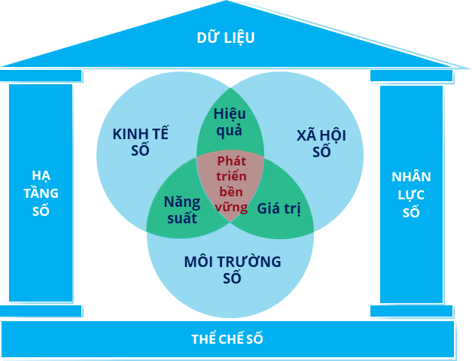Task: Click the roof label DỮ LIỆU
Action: click(x=226, y=37)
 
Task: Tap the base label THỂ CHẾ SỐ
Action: click(x=227, y=338)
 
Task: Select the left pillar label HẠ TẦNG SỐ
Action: click(x=45, y=193)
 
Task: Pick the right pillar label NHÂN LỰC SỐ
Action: click(x=411, y=195)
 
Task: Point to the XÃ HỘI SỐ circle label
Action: click(x=321, y=142)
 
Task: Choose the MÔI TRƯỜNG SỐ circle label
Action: click(x=233, y=270)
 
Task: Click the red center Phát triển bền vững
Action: click(x=230, y=184)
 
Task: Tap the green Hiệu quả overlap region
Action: click(x=230, y=123)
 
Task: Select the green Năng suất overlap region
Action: click(x=181, y=210)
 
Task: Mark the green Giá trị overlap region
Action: click(x=279, y=208)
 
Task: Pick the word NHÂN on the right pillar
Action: click(x=411, y=177)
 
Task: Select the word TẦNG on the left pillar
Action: click(x=45, y=193)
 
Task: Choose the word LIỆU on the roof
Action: click(x=239, y=37)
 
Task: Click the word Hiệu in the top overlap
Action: click(x=230, y=114)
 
